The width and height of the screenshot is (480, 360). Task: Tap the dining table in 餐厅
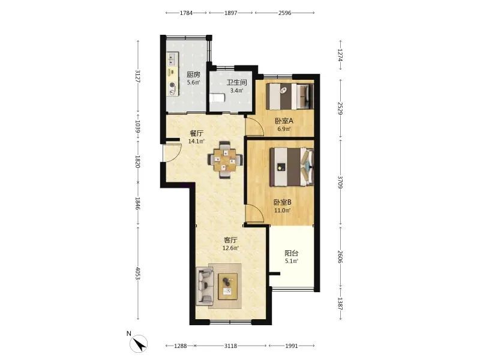tap(226, 160)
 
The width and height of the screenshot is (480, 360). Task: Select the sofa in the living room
tap(204, 286)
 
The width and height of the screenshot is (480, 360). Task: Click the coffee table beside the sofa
tap(228, 286)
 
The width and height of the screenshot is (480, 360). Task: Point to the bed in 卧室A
tap(290, 96)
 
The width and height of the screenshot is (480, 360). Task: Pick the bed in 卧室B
tap(292, 167)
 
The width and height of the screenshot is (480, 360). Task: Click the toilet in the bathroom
tap(217, 98)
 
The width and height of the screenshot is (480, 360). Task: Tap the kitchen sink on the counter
tap(172, 59)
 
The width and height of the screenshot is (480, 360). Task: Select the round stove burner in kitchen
tap(173, 85)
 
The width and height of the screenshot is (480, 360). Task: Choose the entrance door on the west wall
tap(172, 152)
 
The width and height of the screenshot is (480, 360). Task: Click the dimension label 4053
tap(138, 274)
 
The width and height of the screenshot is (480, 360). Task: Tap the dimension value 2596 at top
tap(284, 13)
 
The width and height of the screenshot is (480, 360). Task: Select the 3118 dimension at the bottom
tap(230, 346)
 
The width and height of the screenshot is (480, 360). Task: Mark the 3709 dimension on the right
tap(340, 182)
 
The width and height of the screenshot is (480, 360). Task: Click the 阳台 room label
tap(292, 253)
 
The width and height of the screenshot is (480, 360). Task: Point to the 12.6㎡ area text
tap(231, 248)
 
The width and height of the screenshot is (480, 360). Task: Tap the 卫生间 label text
tap(236, 83)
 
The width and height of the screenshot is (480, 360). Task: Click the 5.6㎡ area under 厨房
tap(194, 82)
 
